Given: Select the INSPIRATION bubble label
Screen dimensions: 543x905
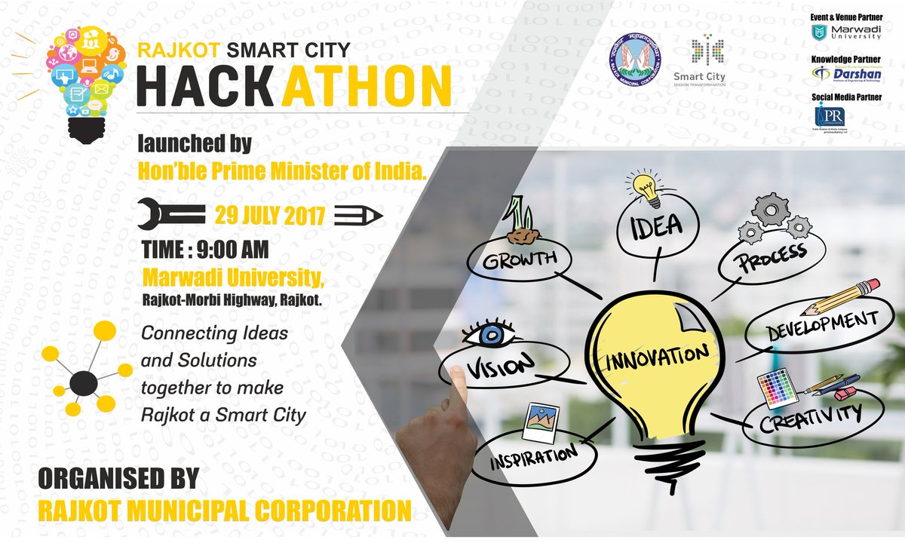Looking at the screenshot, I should (535, 457).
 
